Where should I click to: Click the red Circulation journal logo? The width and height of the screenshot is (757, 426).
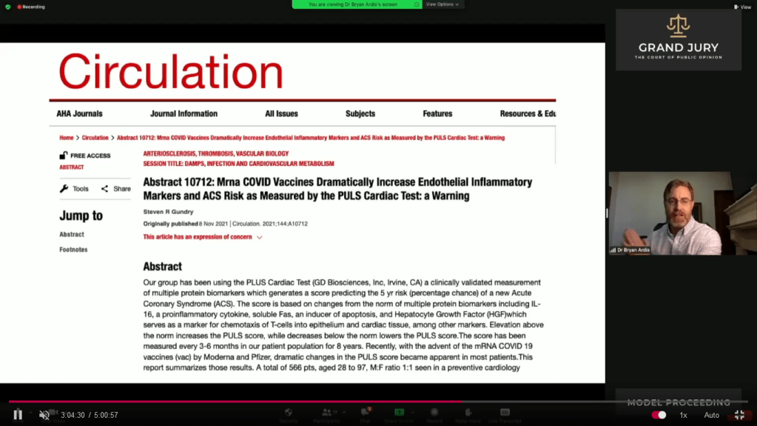coord(171,73)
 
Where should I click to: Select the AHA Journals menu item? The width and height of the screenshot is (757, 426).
coord(79,114)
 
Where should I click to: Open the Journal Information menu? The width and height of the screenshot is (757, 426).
coord(184,114)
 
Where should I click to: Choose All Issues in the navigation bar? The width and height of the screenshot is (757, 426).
coord(281,114)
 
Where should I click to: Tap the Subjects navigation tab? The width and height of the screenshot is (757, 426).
coord(360,114)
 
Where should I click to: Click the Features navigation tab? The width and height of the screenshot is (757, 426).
coord(437,114)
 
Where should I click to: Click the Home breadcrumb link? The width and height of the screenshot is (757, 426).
coord(67,138)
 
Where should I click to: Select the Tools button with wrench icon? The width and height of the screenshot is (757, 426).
coord(74,189)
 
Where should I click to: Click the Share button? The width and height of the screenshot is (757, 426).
coord(116,189)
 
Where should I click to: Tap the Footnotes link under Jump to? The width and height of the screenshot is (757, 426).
coord(73,250)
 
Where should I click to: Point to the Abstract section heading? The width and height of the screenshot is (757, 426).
coord(162,267)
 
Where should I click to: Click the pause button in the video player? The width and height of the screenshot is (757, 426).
coord(18,415)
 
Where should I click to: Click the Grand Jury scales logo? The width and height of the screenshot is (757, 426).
coord(678,26)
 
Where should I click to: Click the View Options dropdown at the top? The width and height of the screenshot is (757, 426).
coord(442,4)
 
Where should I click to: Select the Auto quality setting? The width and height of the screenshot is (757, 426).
coord(711,416)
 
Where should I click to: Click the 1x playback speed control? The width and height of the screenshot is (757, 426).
coord(684,416)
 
